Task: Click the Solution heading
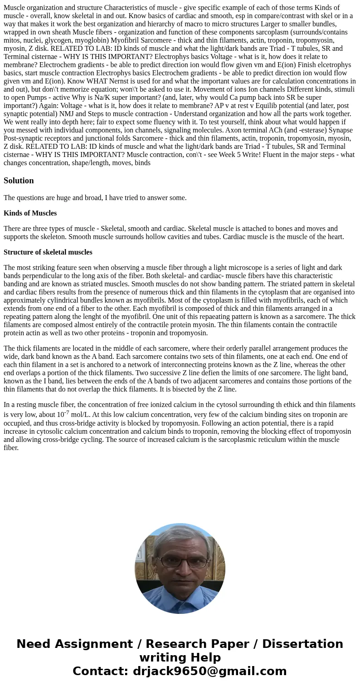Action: click(x=19, y=181)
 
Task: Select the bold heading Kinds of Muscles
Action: click(x=30, y=213)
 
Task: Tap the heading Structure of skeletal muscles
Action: click(x=48, y=252)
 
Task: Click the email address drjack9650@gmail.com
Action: click(x=209, y=671)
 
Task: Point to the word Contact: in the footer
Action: click(x=100, y=671)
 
